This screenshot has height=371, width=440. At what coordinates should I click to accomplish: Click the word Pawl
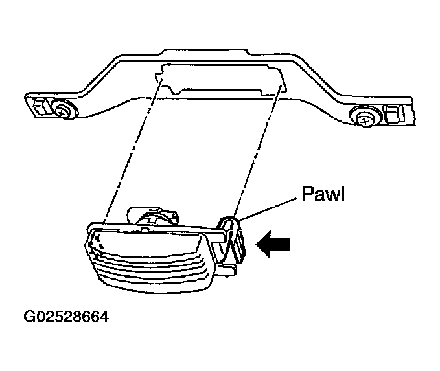tap(323, 194)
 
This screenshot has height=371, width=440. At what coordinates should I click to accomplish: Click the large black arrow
tap(273, 243)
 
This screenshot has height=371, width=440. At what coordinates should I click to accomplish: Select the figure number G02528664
tap(66, 317)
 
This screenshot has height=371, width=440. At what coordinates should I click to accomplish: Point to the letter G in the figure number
tap(29, 317)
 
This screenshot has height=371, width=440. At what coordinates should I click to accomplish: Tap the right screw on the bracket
tap(365, 118)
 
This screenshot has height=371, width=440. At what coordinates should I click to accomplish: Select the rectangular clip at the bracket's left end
tap(41, 106)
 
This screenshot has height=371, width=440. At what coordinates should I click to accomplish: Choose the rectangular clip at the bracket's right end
tap(394, 114)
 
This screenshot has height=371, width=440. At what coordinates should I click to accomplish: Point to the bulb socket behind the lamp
tap(153, 216)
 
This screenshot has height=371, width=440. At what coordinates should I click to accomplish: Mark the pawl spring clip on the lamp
tap(231, 240)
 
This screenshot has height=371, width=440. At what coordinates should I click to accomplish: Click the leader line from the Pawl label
tap(268, 209)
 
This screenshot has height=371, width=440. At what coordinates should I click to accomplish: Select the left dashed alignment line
tap(132, 151)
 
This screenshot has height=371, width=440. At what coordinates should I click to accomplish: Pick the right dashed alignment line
tap(257, 151)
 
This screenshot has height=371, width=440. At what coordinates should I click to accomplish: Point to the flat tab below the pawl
tap(227, 269)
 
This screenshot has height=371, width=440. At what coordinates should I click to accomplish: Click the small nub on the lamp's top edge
tap(145, 230)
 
